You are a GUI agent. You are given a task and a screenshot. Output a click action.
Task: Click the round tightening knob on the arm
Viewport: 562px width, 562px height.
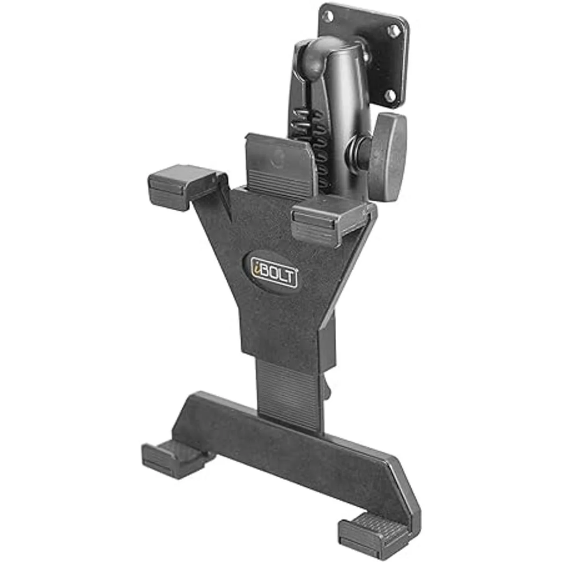(390, 157)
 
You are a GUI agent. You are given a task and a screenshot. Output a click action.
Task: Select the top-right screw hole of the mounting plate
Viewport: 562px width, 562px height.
(394, 31)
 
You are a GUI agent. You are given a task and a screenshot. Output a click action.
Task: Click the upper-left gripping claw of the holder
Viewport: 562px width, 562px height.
(180, 186)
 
